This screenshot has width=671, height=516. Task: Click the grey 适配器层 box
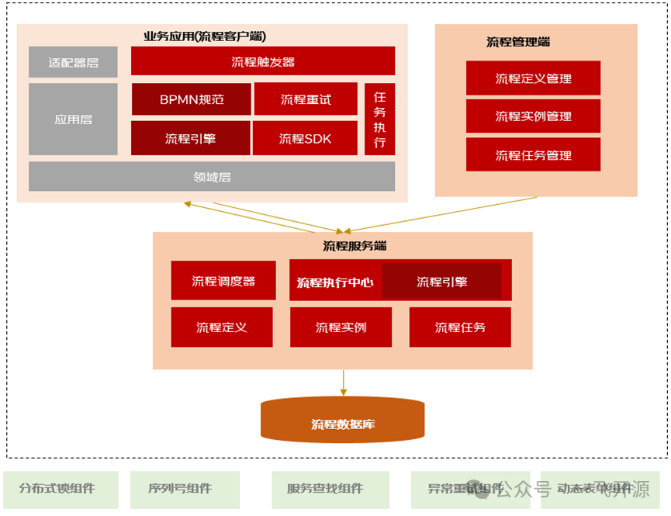point(73,62)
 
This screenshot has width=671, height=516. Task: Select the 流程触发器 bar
point(262,61)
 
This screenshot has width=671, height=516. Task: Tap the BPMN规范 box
point(191,99)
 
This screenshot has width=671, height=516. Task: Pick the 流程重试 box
point(306,99)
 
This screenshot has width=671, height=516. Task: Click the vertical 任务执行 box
point(379,119)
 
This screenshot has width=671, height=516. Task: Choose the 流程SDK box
point(306,138)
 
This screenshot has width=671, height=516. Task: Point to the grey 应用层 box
point(73,119)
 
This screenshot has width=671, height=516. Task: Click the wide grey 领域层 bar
point(212,176)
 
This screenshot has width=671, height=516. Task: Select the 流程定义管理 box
point(533,78)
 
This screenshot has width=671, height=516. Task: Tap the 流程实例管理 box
point(533,116)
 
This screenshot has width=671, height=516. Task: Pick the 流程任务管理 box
point(533,154)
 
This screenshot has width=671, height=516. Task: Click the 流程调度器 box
point(223,281)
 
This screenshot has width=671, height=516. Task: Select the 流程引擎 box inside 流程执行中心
point(441,281)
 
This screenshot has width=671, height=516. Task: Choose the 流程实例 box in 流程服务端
point(341,327)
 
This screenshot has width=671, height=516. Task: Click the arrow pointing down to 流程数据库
point(343,382)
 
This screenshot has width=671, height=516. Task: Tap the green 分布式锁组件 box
point(61,489)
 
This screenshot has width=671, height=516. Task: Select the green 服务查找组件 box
point(325,489)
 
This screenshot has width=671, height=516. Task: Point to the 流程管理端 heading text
point(518,42)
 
